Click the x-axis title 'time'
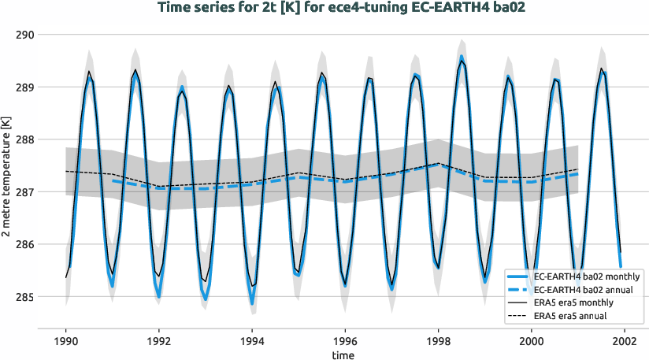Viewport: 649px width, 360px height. point(343,355)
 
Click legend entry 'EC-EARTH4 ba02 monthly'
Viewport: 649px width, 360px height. point(587,276)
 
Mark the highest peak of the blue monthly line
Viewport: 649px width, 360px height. point(462,57)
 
